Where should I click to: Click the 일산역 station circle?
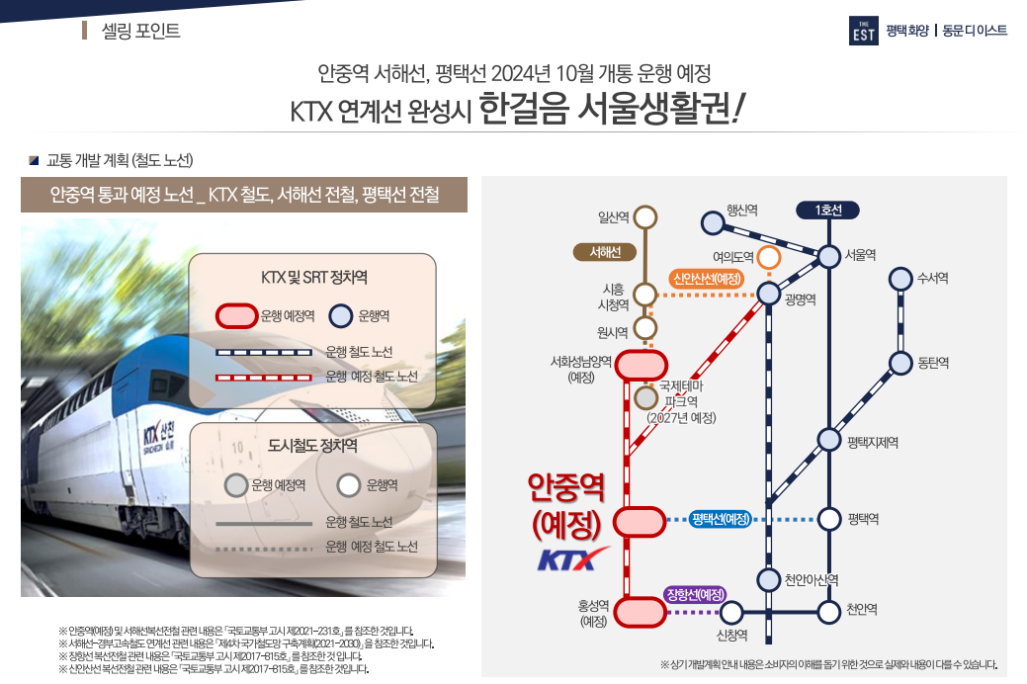point(645,216)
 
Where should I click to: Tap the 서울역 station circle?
point(828,256)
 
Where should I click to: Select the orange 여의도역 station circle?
point(769,257)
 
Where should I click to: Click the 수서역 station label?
point(933,279)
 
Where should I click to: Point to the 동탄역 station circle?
point(900,363)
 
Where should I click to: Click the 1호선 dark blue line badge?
point(827,210)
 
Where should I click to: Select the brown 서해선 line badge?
point(604,252)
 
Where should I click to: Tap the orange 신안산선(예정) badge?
point(707,278)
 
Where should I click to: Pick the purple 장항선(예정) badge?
point(696,594)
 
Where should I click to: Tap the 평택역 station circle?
point(828,519)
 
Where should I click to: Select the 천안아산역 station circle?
point(769,579)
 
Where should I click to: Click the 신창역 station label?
point(731,635)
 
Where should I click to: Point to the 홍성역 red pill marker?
point(640,612)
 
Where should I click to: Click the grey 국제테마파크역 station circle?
point(645,398)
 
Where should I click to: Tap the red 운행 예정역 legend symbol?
point(236,316)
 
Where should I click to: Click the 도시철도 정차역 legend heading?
point(312,446)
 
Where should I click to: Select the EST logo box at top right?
point(863,32)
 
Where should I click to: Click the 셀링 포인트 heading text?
point(141,31)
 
